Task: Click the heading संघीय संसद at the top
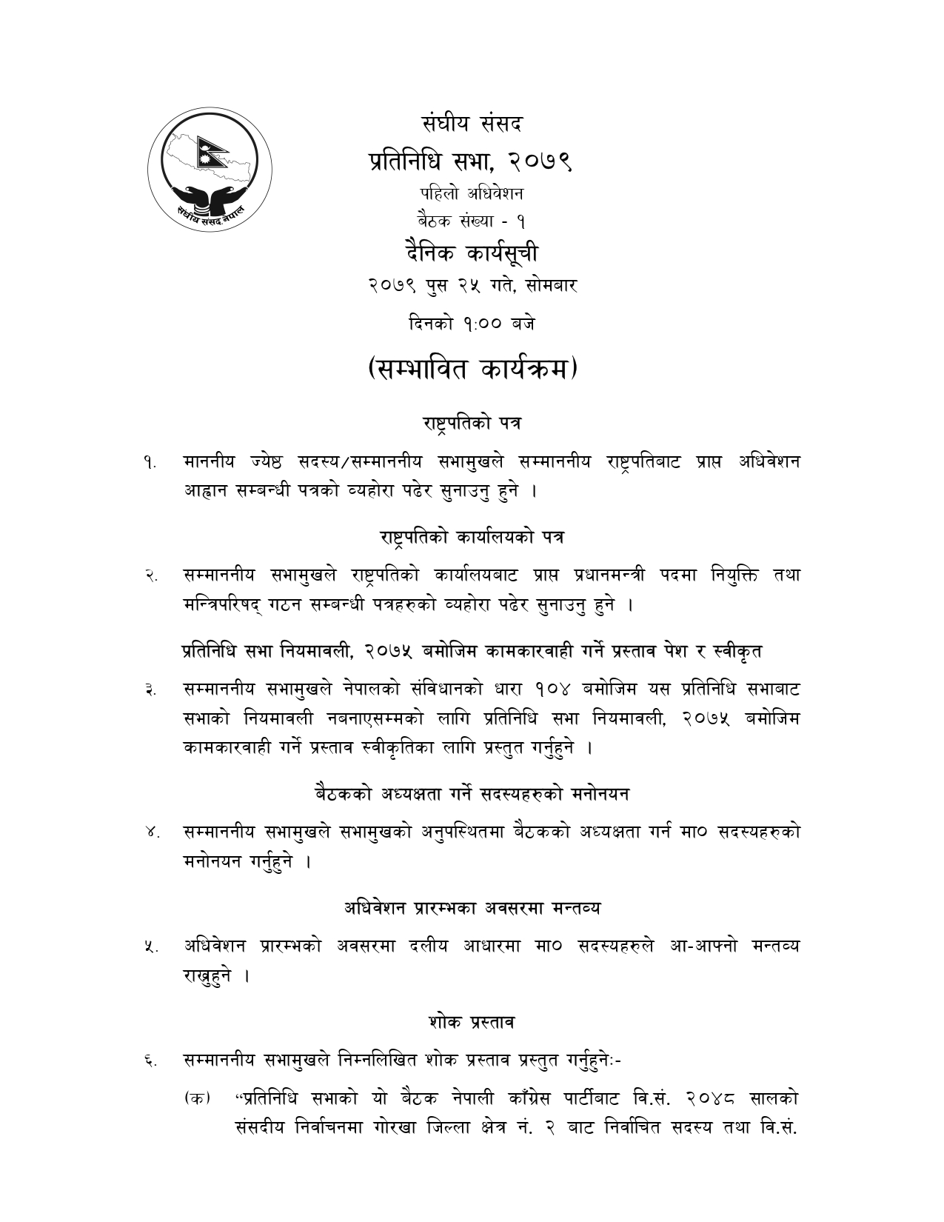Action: [472, 123]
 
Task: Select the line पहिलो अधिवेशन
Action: [472, 194]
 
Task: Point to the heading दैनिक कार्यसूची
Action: [472, 253]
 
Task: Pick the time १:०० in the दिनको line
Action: [483, 324]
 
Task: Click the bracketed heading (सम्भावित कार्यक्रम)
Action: [472, 369]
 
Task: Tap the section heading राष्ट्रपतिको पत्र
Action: [472, 424]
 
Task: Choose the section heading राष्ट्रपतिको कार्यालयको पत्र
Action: [472, 537]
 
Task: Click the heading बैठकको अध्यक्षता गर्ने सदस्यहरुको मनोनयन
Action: [472, 795]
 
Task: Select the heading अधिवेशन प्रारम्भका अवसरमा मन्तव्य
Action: [472, 907]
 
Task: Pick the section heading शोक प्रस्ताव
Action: [472, 1022]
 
